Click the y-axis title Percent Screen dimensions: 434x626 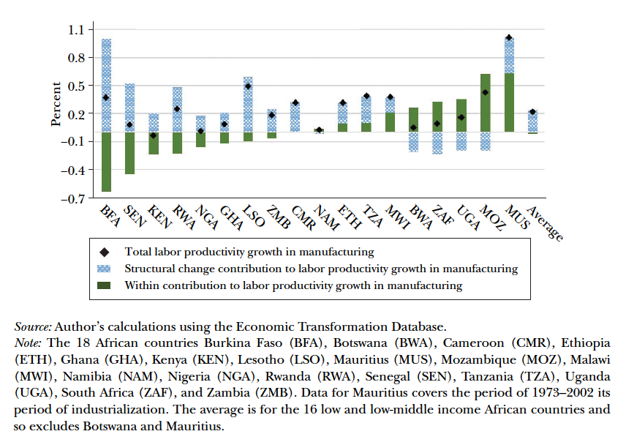(x=56, y=108)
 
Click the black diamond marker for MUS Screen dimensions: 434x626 (x=509, y=37)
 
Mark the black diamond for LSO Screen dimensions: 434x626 (x=248, y=86)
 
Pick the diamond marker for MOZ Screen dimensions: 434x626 (x=485, y=92)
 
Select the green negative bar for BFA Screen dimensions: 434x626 (x=106, y=162)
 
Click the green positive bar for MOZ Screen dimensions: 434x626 (x=485, y=102)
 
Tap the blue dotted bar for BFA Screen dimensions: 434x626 (x=106, y=85)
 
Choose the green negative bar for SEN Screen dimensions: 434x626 (x=129, y=153)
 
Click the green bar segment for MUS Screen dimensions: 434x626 (x=509, y=102)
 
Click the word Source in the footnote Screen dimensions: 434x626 (x=32, y=326)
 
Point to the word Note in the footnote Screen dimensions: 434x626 (x=29, y=343)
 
